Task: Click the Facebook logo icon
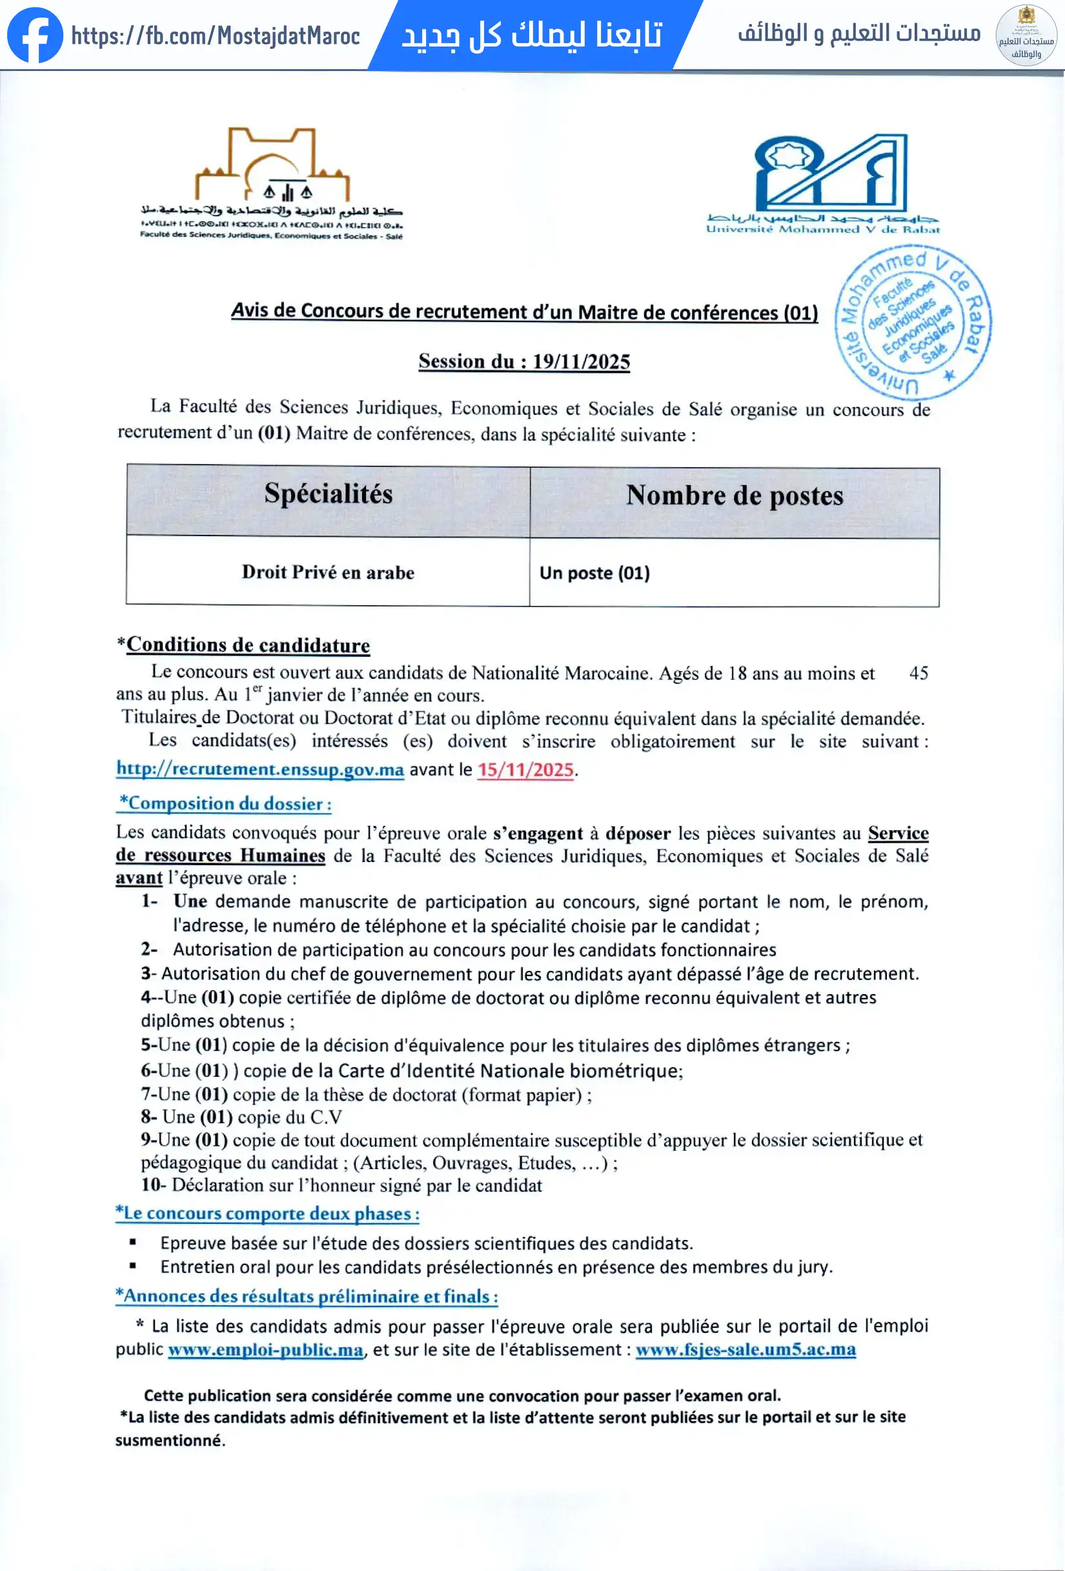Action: (x=35, y=34)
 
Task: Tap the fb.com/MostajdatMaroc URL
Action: (x=215, y=36)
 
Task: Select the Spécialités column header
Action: (x=328, y=494)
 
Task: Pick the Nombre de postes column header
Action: (x=735, y=496)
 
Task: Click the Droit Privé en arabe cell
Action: (x=328, y=572)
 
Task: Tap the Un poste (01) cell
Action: (x=594, y=574)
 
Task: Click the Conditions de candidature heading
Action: (x=247, y=645)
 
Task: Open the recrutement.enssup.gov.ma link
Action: (x=260, y=769)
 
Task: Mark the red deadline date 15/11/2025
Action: (x=525, y=770)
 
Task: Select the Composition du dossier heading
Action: (x=225, y=804)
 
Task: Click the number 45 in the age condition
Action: (x=918, y=674)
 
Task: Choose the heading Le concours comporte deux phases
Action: (x=268, y=1214)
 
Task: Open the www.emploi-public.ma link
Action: (x=266, y=1349)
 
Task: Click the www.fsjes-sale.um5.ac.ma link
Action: (x=746, y=1349)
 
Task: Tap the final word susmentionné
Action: (x=170, y=1441)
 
